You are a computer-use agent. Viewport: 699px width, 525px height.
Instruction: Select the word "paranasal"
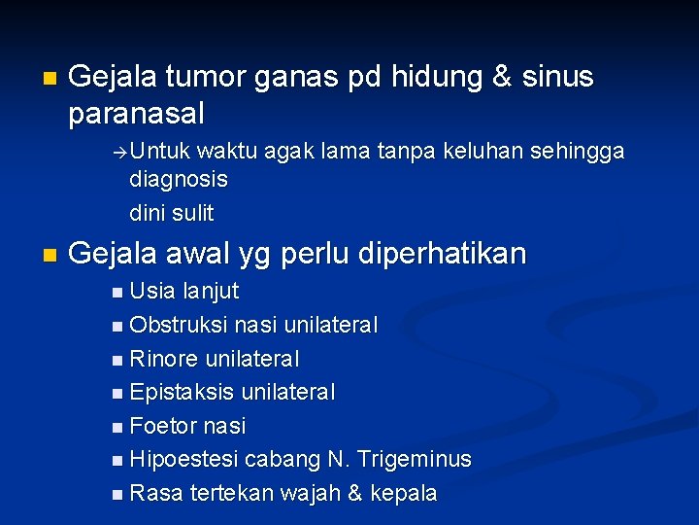(x=137, y=114)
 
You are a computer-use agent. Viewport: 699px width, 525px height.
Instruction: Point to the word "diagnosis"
(x=179, y=180)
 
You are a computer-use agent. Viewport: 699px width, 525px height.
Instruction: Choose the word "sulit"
(x=194, y=213)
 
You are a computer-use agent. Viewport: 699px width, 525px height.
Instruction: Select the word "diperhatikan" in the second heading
(x=443, y=254)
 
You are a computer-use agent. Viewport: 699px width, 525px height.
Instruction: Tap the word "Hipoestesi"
(x=183, y=460)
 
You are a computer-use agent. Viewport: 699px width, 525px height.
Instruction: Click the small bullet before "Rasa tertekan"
(x=117, y=494)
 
